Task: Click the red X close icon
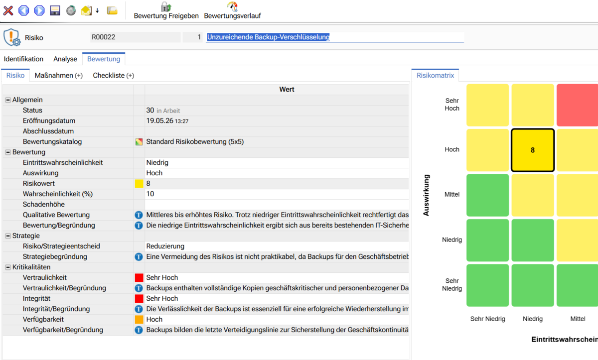pyautogui.click(x=8, y=10)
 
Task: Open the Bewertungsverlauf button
pyautogui.click(x=232, y=10)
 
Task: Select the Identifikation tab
pyautogui.click(x=23, y=59)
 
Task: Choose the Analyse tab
pyautogui.click(x=65, y=59)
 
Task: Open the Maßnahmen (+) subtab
pyautogui.click(x=59, y=76)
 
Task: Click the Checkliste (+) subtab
pyautogui.click(x=114, y=76)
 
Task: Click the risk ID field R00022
pyautogui.click(x=136, y=37)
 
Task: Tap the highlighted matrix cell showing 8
pyautogui.click(x=533, y=150)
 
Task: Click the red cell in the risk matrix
pyautogui.click(x=577, y=105)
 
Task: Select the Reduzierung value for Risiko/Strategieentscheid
pyautogui.click(x=165, y=246)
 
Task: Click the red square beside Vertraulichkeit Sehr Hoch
pyautogui.click(x=139, y=278)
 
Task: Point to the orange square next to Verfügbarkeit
pyautogui.click(x=139, y=320)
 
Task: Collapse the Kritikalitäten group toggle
pyautogui.click(x=8, y=267)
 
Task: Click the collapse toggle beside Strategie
pyautogui.click(x=8, y=236)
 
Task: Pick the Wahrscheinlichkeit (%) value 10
pyautogui.click(x=150, y=194)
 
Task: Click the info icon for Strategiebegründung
pyautogui.click(x=139, y=257)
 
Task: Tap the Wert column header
pyautogui.click(x=287, y=89)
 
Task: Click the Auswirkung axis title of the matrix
pyautogui.click(x=426, y=195)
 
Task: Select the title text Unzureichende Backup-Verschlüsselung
pyautogui.click(x=268, y=37)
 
